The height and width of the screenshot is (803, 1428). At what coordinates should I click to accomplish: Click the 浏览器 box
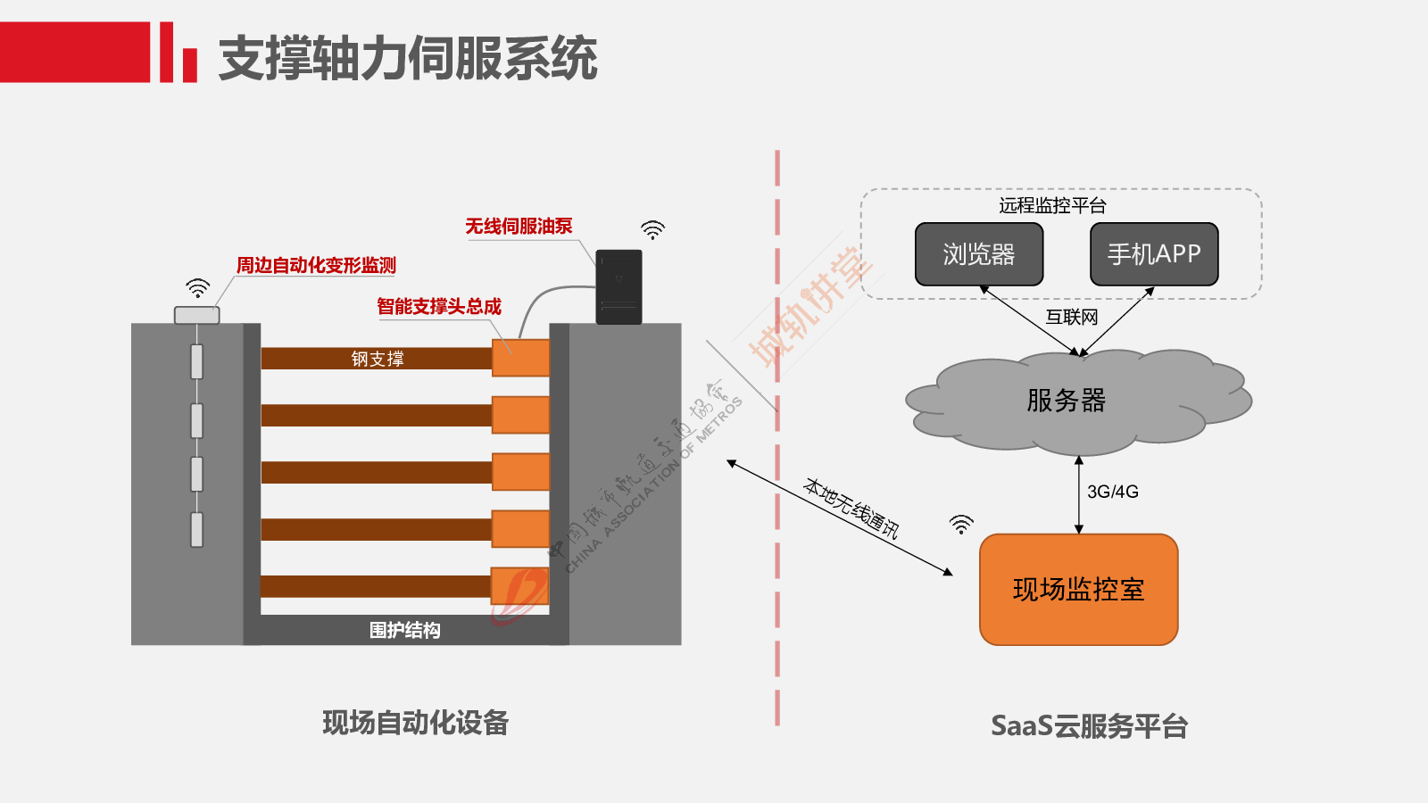pyautogui.click(x=978, y=253)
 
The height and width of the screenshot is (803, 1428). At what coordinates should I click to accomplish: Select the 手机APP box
pyautogui.click(x=1154, y=253)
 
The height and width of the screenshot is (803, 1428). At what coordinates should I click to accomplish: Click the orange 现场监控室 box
pyautogui.click(x=1079, y=590)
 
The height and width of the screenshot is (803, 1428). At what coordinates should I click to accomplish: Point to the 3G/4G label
pyautogui.click(x=1112, y=492)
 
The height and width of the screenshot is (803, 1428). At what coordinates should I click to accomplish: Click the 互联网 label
pyautogui.click(x=1072, y=317)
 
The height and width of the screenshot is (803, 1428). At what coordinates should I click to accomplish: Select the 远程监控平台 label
pyautogui.click(x=1052, y=205)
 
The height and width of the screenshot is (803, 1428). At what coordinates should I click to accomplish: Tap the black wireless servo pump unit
pyautogui.click(x=619, y=286)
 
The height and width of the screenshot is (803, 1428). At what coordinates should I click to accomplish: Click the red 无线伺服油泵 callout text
pyautogui.click(x=519, y=227)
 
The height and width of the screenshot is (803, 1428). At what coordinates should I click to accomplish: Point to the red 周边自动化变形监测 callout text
pyautogui.click(x=316, y=265)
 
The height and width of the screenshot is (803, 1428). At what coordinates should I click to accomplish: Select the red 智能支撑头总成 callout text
pyautogui.click(x=439, y=307)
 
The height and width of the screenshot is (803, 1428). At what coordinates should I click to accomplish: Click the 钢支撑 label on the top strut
pyautogui.click(x=378, y=359)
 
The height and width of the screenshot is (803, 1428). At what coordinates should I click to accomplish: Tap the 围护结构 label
pyautogui.click(x=405, y=630)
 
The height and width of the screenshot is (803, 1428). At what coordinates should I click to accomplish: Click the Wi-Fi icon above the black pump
pyautogui.click(x=652, y=230)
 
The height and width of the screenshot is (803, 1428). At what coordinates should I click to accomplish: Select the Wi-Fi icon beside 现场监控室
pyautogui.click(x=961, y=525)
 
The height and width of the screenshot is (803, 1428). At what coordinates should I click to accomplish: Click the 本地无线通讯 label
pyautogui.click(x=851, y=508)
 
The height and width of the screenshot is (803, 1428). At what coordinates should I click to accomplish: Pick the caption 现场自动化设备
pyautogui.click(x=416, y=724)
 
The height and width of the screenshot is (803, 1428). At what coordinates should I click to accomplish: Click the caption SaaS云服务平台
pyautogui.click(x=1090, y=726)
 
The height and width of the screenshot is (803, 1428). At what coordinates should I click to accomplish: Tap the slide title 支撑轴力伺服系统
pyautogui.click(x=408, y=58)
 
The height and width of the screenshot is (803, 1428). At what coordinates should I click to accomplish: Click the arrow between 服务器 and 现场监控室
pyautogui.click(x=1079, y=494)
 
